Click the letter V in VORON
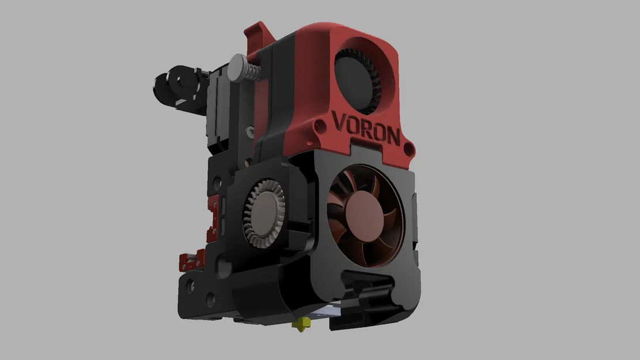click(340, 122)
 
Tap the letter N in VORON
click(392, 137)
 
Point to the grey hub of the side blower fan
click(266, 208)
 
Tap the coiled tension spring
click(252, 74)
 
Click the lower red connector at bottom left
click(191, 261)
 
